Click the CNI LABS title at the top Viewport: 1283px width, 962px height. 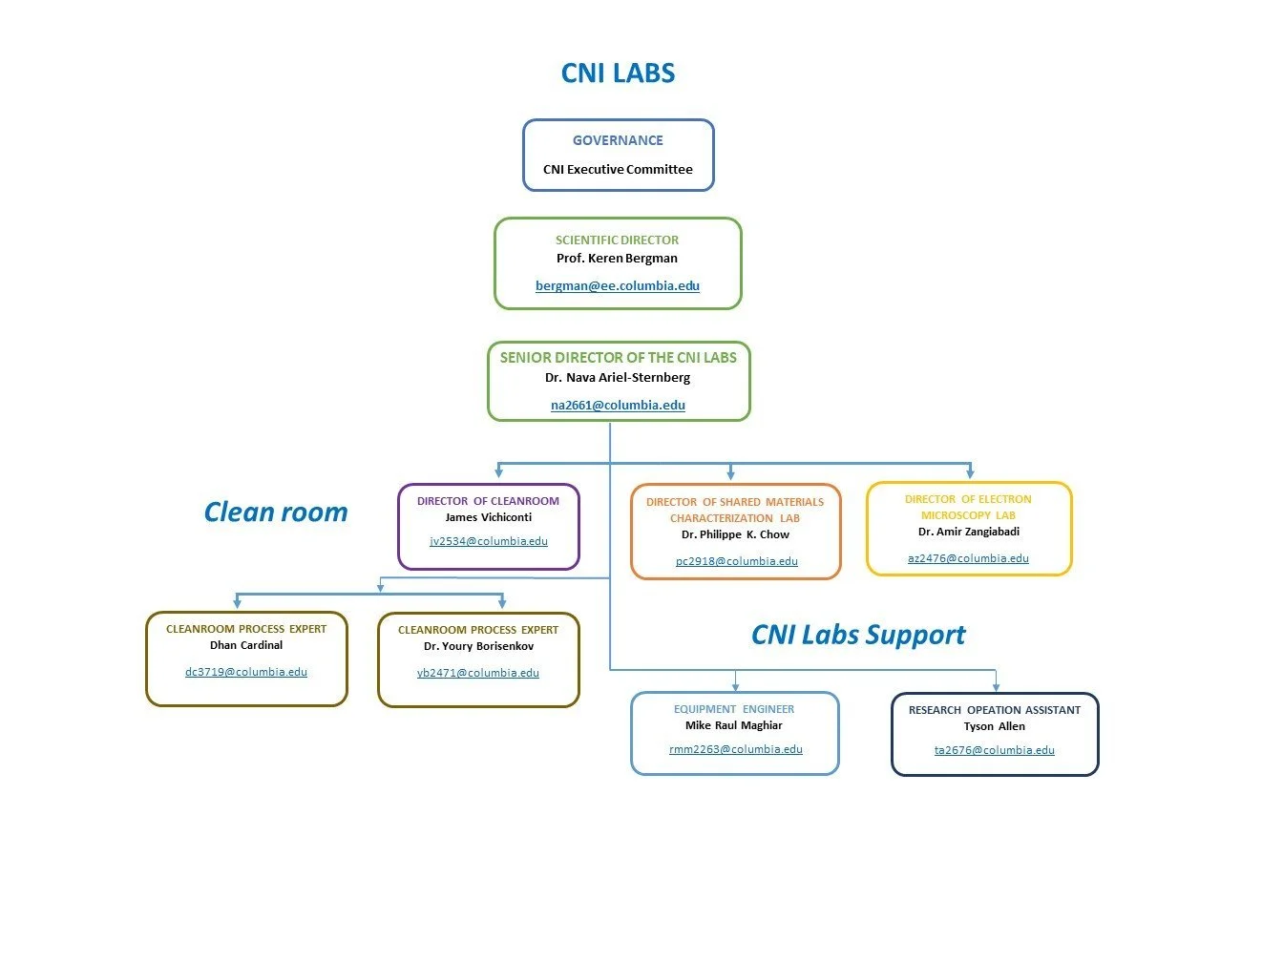[x=618, y=73]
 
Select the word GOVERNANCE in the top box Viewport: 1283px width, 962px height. [x=618, y=140]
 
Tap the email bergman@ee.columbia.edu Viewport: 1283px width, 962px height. [x=618, y=285]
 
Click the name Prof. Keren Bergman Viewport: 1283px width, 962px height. [x=617, y=259]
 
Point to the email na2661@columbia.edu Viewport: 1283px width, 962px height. [x=618, y=405]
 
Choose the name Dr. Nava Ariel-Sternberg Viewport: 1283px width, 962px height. [x=618, y=377]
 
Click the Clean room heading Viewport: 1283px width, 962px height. [x=276, y=512]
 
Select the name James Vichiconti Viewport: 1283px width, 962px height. [x=489, y=517]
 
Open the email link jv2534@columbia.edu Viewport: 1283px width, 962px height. [x=489, y=541]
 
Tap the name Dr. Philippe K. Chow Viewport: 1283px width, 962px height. [x=735, y=534]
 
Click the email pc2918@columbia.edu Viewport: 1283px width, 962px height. [x=736, y=561]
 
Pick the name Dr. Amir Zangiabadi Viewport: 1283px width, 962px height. [x=969, y=532]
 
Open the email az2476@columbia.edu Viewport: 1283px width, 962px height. [x=968, y=557]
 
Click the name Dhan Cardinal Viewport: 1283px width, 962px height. [x=246, y=645]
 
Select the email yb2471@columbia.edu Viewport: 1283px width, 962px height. [x=478, y=672]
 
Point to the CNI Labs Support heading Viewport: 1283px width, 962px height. [x=858, y=635]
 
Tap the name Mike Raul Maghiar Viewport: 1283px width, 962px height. [x=733, y=725]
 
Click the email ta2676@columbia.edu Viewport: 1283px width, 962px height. [x=995, y=750]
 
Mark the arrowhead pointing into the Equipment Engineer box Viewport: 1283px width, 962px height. [x=735, y=687]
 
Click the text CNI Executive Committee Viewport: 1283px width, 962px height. [x=618, y=169]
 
